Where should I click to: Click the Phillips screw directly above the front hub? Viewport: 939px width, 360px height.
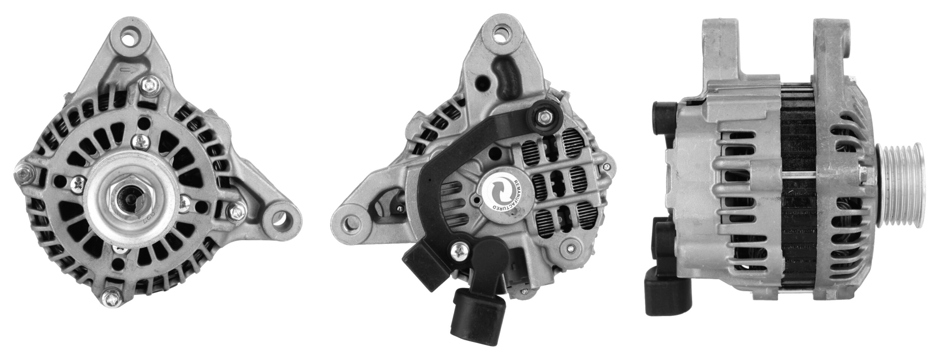[x=139, y=141]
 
